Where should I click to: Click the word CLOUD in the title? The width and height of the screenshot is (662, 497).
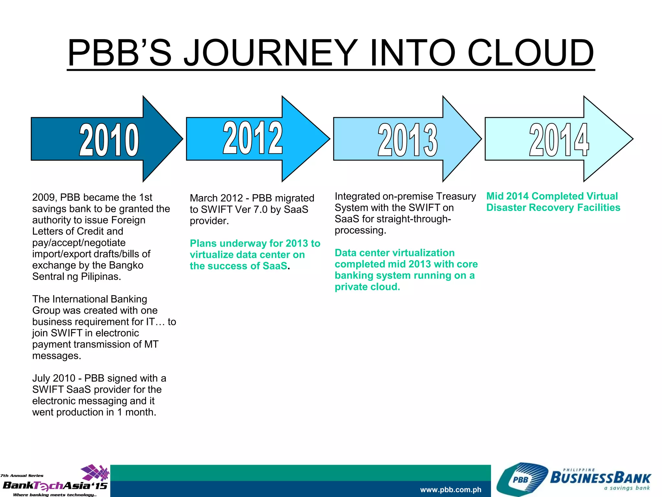(530, 52)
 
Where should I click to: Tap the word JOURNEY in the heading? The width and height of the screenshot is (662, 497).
(271, 52)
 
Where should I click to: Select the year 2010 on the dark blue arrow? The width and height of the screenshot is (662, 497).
(109, 139)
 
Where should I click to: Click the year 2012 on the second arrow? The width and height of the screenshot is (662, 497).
(253, 138)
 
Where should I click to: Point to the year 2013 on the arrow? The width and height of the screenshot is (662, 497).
(408, 139)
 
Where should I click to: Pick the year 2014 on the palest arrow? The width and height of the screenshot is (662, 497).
(559, 139)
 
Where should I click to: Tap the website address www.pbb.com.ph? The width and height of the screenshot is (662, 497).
(451, 490)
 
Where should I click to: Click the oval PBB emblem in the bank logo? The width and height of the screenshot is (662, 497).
(520, 480)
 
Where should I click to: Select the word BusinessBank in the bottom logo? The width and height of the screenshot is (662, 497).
(600, 478)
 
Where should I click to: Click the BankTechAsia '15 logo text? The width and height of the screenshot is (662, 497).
(55, 485)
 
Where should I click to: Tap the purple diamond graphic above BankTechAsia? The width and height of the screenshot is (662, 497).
(95, 472)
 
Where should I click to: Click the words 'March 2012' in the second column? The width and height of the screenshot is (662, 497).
(216, 198)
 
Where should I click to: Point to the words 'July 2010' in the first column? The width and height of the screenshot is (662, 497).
(54, 378)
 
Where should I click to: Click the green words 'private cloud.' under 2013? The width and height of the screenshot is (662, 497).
(367, 287)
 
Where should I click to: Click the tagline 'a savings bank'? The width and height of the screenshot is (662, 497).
(627, 488)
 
